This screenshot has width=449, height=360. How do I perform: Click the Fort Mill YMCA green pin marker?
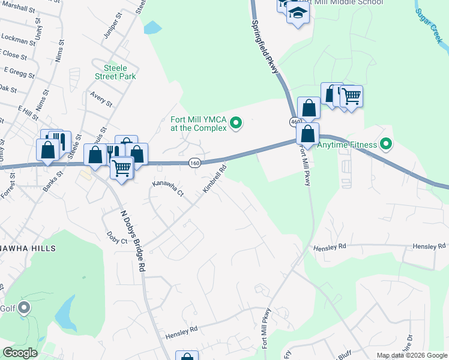coord(236,124)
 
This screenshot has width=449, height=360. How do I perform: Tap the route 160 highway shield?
coord(193,163)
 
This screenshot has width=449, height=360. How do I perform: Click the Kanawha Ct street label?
coord(167,189)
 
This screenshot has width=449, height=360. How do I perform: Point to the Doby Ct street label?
coord(117,238)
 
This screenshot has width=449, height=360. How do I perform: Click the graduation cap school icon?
coord(297,11)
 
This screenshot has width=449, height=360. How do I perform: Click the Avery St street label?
coord(101,98)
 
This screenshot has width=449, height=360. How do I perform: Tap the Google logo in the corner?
coord(20,352)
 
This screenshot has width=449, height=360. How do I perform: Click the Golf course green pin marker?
coord(24,308)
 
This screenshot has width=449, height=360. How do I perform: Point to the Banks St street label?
coord(53,182)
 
